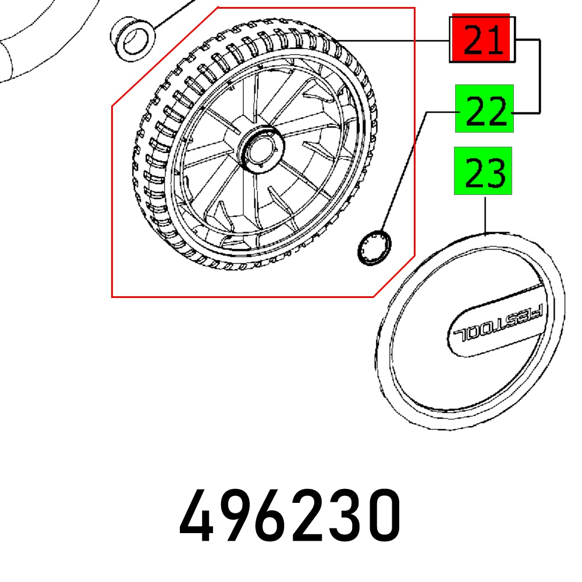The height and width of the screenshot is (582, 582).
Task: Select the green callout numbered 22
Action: click(484, 108)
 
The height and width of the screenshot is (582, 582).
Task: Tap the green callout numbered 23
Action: click(483, 171)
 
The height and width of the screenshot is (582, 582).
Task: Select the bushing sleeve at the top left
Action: click(133, 38)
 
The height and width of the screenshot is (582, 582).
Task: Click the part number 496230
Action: click(290, 516)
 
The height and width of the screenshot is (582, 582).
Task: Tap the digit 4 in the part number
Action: click(196, 516)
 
